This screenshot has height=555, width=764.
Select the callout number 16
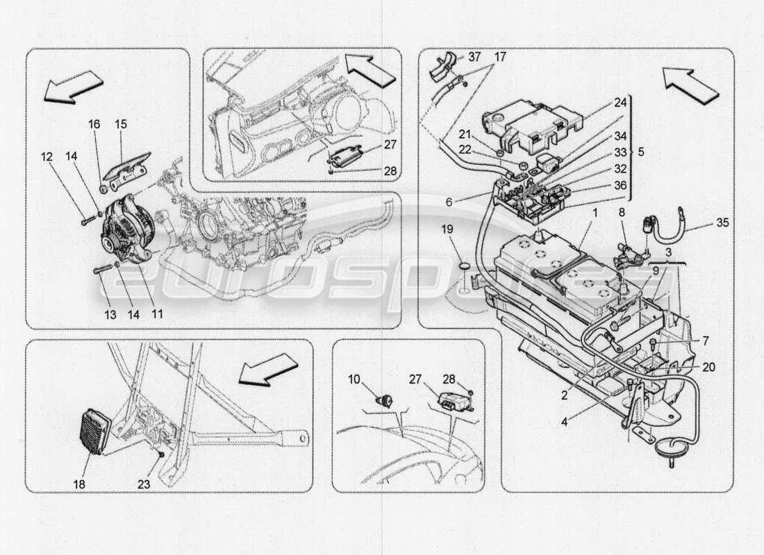(x=94, y=124)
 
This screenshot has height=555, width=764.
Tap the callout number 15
(x=121, y=124)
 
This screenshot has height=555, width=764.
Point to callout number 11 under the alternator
(x=158, y=314)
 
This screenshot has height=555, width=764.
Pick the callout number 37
(x=474, y=56)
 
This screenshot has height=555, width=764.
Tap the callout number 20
(x=708, y=368)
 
